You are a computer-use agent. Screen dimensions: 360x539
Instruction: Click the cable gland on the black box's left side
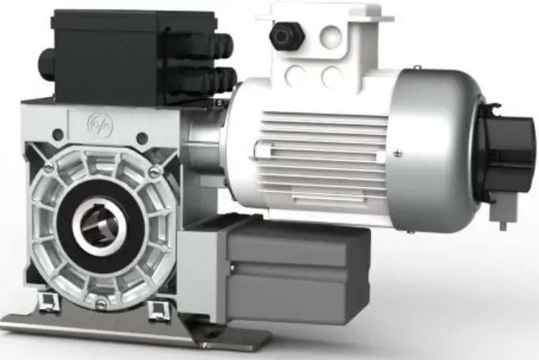coord(46,58)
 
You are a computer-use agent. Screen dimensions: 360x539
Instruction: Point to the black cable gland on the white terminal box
coord(282,36)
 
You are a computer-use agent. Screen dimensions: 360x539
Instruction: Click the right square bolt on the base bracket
coord(155,306)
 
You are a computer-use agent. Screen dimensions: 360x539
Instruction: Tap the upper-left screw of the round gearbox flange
coord(49,167)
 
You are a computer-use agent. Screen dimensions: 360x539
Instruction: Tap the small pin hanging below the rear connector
coord(503,223)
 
